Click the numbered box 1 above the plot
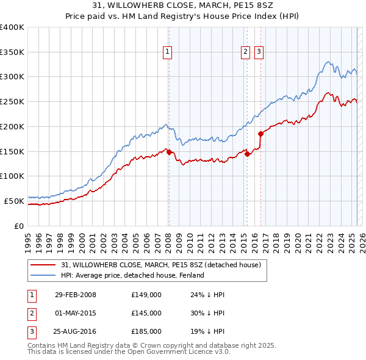click(x=167, y=52)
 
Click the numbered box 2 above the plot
click(x=245, y=52)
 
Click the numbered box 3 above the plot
click(x=259, y=52)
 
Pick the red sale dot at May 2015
click(x=247, y=154)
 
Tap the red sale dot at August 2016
click(x=261, y=133)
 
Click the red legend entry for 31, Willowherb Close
click(x=161, y=265)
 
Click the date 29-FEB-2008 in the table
click(x=76, y=295)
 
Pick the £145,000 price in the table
click(x=146, y=313)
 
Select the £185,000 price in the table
click(x=146, y=331)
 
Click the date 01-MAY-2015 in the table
click(x=76, y=313)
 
